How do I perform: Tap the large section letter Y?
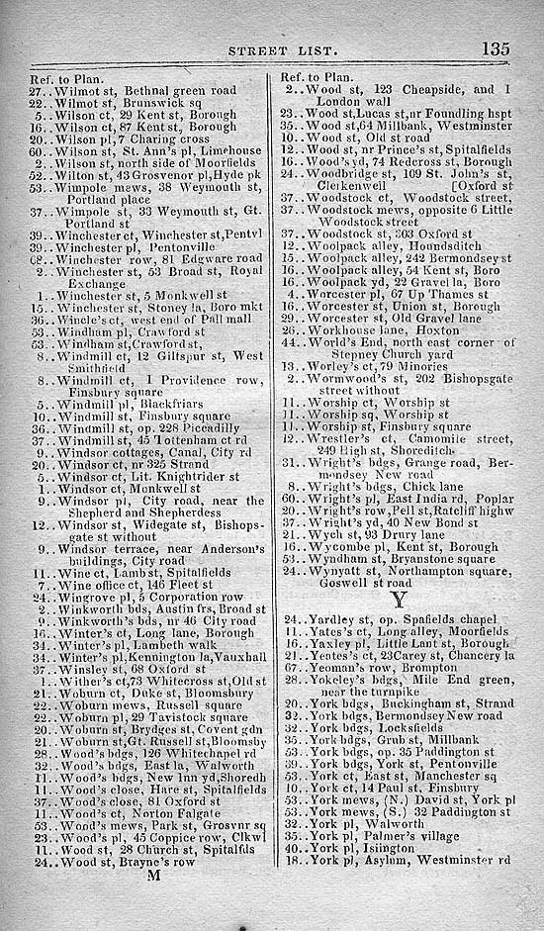398,600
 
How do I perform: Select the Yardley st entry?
396,619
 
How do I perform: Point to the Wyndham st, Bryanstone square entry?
406,559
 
